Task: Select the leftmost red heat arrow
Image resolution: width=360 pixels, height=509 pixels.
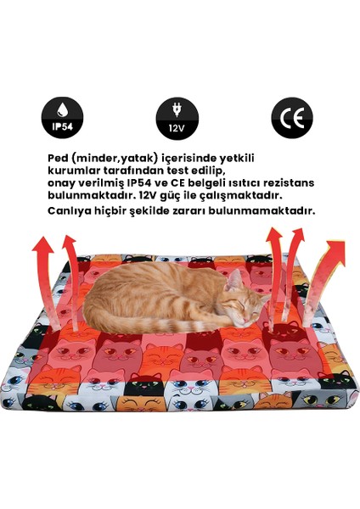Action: click(42, 271)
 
